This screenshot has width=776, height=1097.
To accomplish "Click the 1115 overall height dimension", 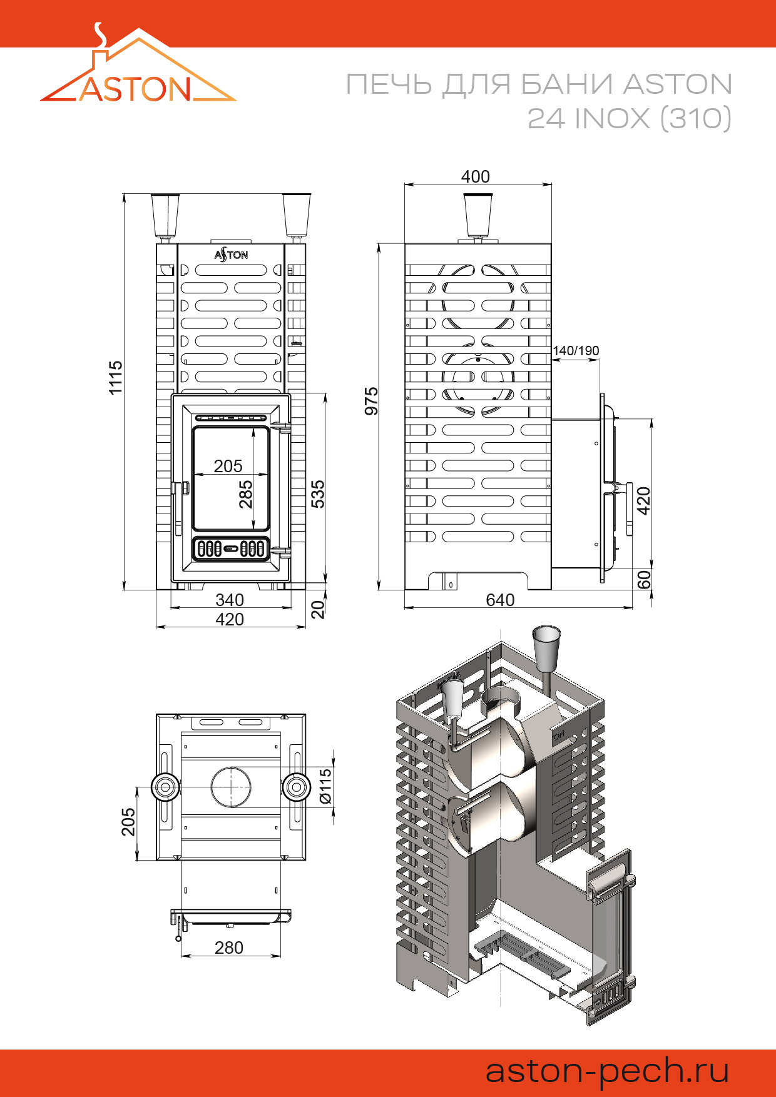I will [116, 377].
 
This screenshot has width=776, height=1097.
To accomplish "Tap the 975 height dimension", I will [372, 401].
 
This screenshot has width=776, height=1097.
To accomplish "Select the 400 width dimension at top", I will [475, 177].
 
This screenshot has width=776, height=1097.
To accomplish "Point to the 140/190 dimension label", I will [576, 351].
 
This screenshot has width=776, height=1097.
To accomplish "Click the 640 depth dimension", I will [500, 600].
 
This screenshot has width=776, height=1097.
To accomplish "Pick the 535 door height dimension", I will [318, 493].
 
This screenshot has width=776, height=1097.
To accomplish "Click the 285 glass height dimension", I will [246, 493].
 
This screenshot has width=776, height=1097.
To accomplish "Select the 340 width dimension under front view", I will [230, 600].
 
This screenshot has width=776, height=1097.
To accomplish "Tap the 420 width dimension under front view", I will [230, 619].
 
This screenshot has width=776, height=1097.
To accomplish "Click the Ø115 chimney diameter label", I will [325, 787].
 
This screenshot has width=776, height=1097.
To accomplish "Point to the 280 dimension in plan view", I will [229, 948].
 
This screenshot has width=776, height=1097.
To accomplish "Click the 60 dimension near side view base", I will [644, 580].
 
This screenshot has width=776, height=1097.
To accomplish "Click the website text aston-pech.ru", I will [607, 1071].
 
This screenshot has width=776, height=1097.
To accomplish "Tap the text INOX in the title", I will [612, 118].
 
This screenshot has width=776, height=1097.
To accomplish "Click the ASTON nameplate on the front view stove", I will [231, 255].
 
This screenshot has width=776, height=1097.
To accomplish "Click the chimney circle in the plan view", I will [231, 787].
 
